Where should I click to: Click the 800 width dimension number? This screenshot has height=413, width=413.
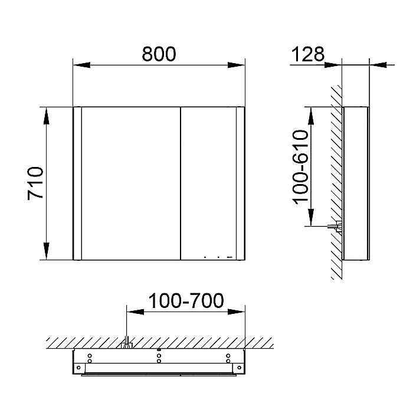159,54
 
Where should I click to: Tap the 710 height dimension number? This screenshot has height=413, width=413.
35,183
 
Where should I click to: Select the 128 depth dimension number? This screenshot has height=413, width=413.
307,54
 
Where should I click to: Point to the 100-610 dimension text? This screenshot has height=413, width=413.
300,167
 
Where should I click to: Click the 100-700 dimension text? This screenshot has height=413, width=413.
186,301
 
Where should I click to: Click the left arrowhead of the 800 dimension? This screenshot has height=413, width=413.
81,65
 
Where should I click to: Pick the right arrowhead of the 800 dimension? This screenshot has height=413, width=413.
236,65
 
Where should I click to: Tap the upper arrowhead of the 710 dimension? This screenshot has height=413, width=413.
47,116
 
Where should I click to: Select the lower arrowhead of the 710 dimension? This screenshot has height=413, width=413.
47,251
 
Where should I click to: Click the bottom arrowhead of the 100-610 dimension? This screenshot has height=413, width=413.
311,217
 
